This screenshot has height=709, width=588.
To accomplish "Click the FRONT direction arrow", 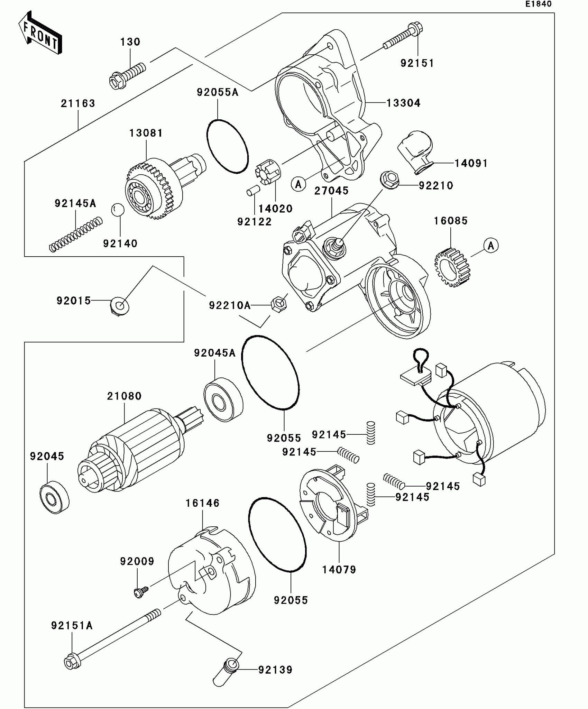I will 40,33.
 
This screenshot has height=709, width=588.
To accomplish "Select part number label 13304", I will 403,103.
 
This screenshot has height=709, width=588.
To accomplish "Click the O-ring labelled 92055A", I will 227,146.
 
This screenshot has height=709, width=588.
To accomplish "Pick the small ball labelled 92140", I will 118,210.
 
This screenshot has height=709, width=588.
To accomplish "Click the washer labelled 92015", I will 120,306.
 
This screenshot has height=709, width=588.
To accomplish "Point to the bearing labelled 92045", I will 54,497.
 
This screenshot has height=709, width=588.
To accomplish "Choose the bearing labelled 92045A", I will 223,401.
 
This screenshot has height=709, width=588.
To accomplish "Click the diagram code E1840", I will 539,4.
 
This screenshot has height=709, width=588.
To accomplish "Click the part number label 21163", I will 78,103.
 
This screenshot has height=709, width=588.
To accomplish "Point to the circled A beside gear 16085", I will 491,246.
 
